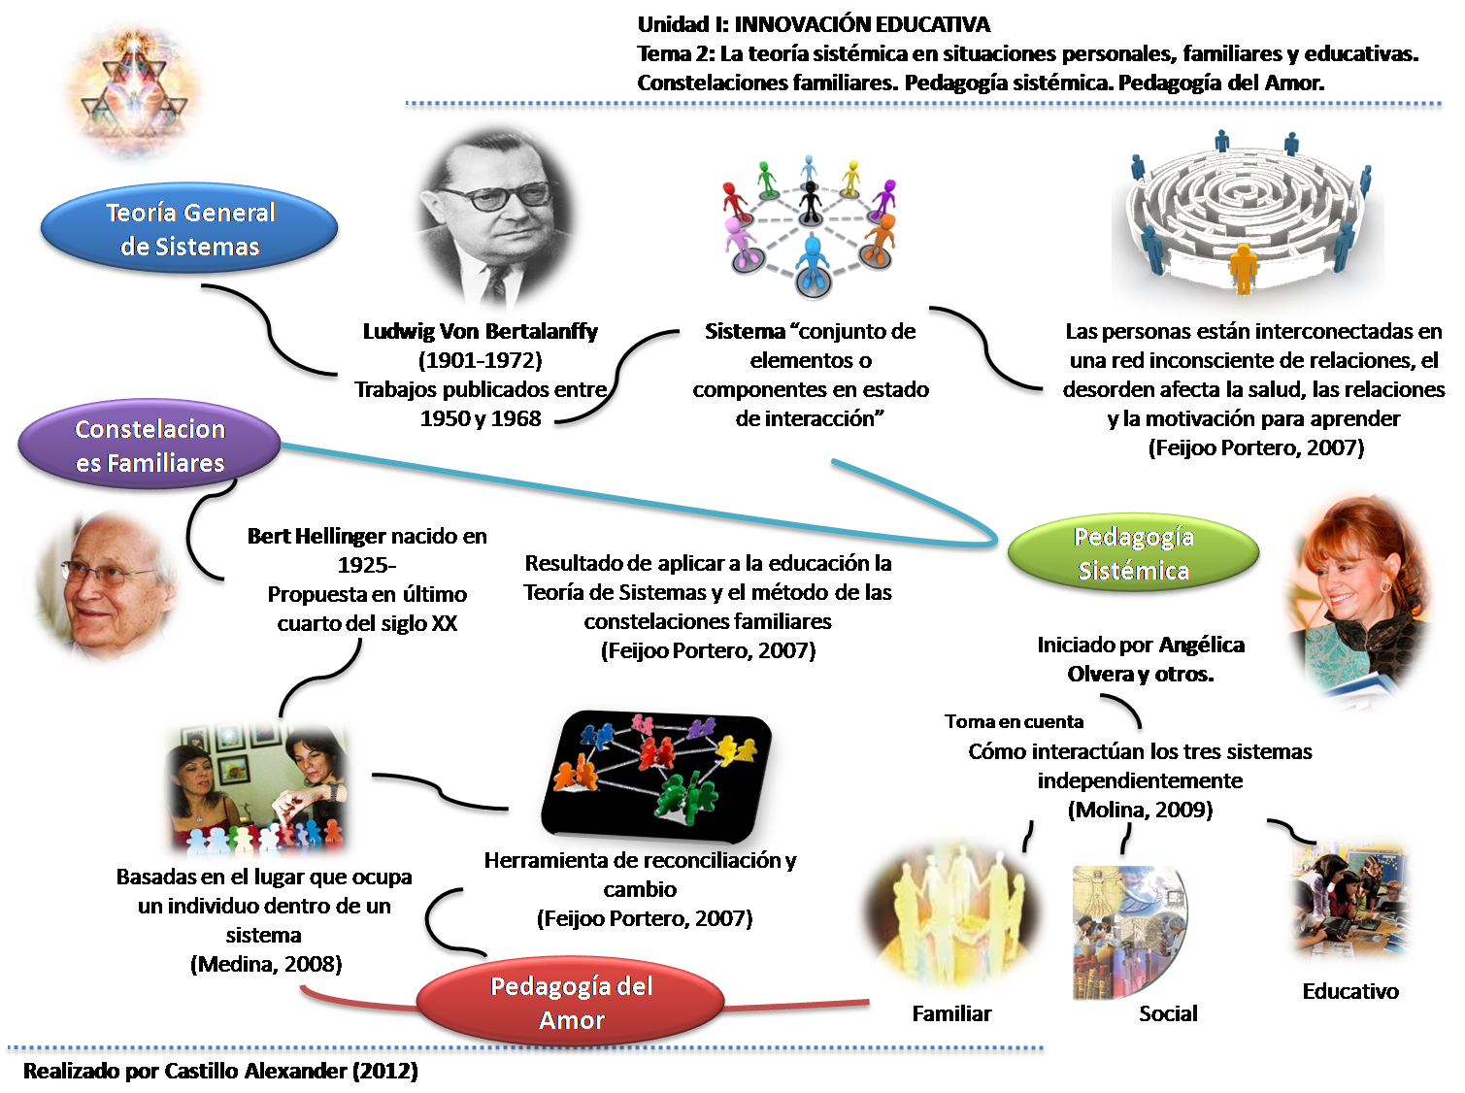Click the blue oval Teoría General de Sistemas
click(x=190, y=229)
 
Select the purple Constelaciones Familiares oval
click(x=150, y=446)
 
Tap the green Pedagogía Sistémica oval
click(x=1133, y=553)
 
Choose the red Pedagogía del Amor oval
click(x=571, y=1003)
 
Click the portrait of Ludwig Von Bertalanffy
click(x=496, y=215)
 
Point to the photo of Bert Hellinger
click(x=104, y=587)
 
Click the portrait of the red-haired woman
click(x=1356, y=599)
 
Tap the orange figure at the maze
click(x=1243, y=267)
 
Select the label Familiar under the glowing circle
click(x=951, y=1013)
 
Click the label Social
click(x=1168, y=1013)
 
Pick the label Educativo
click(x=1349, y=991)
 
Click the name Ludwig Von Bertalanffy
click(x=480, y=331)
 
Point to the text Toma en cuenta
click(x=1014, y=721)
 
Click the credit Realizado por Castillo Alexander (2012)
click(x=220, y=1072)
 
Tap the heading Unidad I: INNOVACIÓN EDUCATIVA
click(x=814, y=24)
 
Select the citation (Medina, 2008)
click(x=266, y=964)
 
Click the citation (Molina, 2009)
click(x=1140, y=810)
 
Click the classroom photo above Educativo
click(x=1349, y=902)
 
